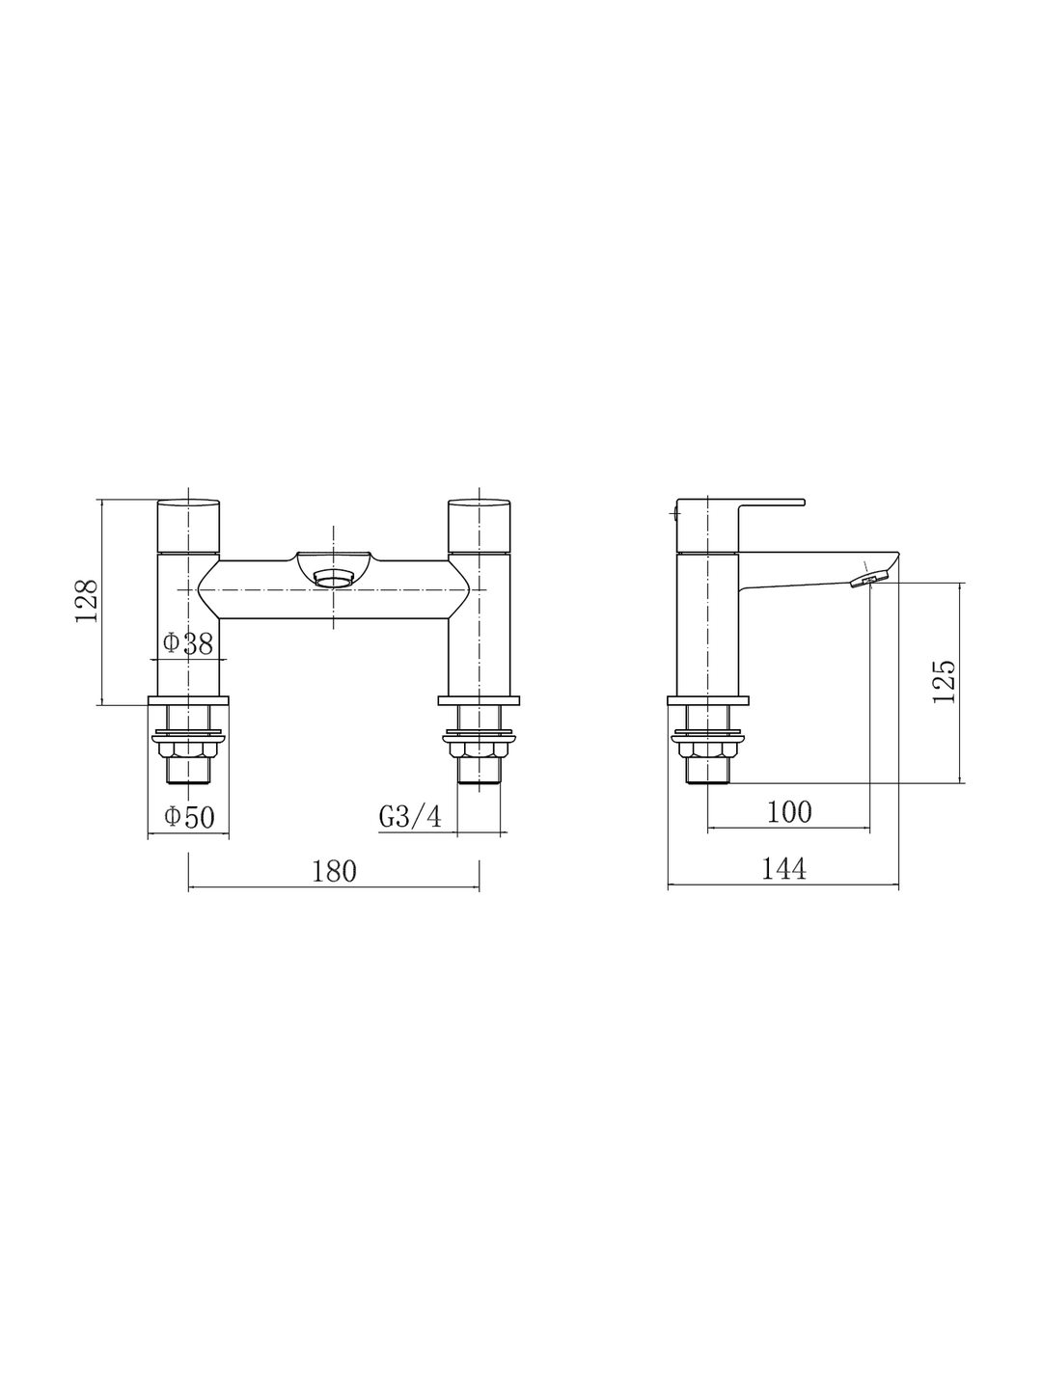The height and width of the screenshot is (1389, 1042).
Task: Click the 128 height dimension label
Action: click(x=87, y=601)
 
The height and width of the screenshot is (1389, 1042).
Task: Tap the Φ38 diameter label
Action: click(x=188, y=643)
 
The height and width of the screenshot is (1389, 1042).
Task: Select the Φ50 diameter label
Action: click(x=189, y=817)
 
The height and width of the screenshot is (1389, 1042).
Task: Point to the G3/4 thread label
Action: click(x=410, y=817)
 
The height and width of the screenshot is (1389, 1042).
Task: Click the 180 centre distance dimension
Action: click(x=334, y=871)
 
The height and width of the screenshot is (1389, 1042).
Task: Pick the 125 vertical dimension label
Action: click(x=944, y=682)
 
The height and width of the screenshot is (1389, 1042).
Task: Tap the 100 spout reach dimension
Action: click(x=789, y=812)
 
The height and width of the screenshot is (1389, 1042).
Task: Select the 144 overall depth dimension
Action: click(x=783, y=869)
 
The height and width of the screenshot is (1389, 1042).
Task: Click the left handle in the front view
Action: click(x=188, y=525)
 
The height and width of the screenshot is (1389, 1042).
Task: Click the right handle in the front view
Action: click(x=479, y=525)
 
